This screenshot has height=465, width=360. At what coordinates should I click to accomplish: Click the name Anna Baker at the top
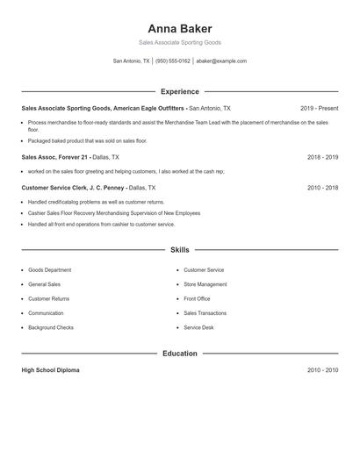point(180,28)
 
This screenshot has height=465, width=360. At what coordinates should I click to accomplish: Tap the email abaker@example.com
point(221,61)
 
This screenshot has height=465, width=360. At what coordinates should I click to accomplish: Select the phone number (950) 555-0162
point(173,61)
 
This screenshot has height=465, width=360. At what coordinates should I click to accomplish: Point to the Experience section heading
point(180,91)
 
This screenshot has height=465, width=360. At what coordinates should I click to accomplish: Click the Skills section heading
point(180,250)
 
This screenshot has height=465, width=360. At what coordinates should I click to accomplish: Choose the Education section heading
point(180,354)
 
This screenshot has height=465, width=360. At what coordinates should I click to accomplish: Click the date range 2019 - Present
point(319,108)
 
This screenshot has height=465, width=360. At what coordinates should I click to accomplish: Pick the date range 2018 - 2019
point(322,157)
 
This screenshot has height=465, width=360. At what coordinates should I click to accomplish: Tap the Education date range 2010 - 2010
point(322,370)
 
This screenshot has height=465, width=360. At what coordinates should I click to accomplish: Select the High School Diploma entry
point(50,370)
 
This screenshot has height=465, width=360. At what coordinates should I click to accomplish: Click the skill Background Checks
point(51,327)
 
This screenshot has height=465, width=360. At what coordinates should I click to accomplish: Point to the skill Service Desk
point(198,327)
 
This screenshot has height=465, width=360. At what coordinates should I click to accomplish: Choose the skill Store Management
point(205,284)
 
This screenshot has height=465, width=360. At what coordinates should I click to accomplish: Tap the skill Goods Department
point(49,270)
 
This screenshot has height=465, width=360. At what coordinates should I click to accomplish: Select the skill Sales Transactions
point(205,313)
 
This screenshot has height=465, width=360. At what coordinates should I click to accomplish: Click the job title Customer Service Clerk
point(53,188)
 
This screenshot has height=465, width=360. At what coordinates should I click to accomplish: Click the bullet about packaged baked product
point(87,140)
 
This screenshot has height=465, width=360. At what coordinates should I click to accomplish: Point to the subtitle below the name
point(180,43)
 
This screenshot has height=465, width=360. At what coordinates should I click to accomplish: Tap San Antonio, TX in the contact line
point(132,61)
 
